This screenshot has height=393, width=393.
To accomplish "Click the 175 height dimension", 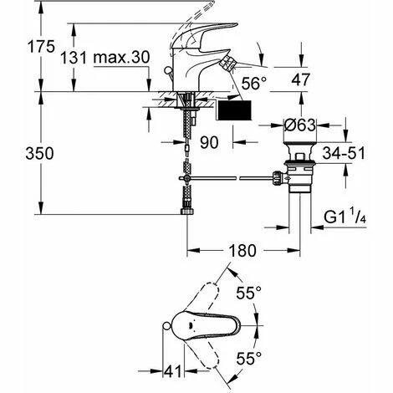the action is point(41,47).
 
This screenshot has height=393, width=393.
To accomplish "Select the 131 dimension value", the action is point(74,58).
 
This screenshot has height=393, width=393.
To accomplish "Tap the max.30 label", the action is point(121,58).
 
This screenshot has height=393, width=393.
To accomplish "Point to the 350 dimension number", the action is point(39,154).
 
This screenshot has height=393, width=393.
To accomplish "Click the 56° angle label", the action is point(254,83).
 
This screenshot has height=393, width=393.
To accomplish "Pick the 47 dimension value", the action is point(300,80).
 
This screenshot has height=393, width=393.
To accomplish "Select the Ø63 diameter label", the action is point(300,125).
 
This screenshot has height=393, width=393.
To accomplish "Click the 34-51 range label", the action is point(344,153).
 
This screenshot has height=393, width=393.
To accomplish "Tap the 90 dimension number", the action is point(209,143).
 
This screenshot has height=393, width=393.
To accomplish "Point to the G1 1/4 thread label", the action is point(345,217).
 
